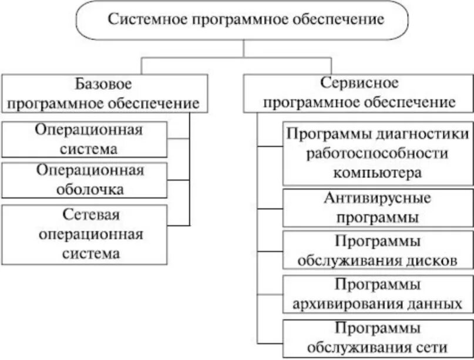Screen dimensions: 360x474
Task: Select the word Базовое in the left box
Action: pyautogui.click(x=103, y=85)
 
